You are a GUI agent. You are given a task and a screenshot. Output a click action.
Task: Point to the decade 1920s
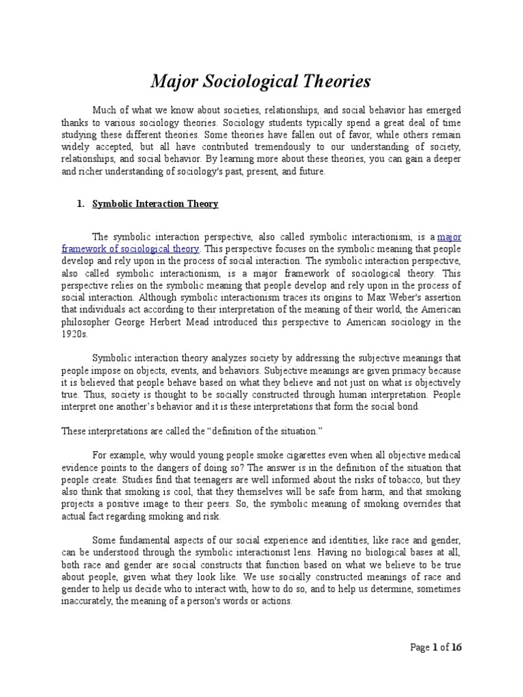click(x=74, y=335)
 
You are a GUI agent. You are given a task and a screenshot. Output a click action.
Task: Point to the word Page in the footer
click(x=420, y=647)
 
